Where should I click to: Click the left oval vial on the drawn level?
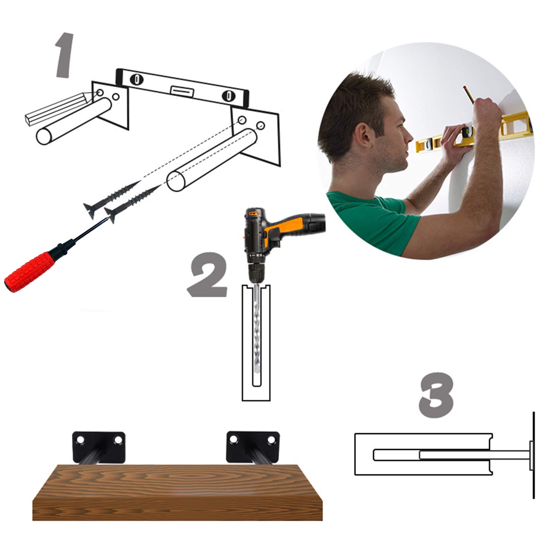point(137,79)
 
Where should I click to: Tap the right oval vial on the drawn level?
point(227,95)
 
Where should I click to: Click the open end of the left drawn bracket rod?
point(44,136)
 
